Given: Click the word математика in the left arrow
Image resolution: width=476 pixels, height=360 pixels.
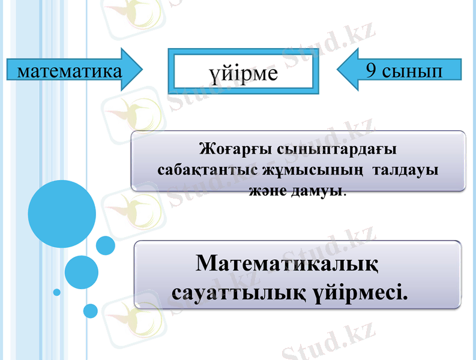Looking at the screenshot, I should pyautogui.click(x=67, y=71).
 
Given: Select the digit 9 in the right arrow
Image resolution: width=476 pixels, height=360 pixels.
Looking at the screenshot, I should pyautogui.click(x=372, y=71).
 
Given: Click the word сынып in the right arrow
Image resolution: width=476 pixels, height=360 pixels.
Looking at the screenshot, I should pyautogui.click(x=412, y=71).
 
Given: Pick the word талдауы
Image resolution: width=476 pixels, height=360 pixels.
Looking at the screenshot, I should pyautogui.click(x=406, y=169).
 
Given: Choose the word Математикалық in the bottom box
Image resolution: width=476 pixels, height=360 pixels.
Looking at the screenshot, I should pyautogui.click(x=287, y=263).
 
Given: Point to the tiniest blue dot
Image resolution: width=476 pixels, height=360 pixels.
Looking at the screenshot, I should pyautogui.click(x=57, y=292).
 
